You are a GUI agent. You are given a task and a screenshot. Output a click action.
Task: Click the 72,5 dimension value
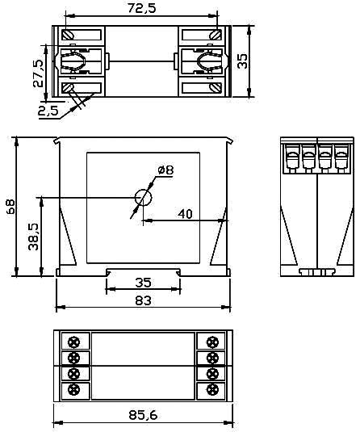coord(141,8)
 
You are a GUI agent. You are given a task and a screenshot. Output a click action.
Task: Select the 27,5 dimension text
coord(38,73)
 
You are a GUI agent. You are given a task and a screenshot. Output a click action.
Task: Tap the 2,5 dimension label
coord(48,111)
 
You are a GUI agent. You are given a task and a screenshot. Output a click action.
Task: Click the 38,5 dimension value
coord(34,237)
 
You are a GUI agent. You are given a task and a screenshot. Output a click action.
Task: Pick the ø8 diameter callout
coord(165,170)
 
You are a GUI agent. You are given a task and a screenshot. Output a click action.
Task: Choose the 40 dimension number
coord(185,214)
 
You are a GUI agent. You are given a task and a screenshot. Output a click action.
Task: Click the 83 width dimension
coord(143,300)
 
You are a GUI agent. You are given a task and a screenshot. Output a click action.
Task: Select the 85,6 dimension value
coord(143,415)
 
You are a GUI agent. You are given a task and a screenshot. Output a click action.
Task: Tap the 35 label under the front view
coord(143,283)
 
